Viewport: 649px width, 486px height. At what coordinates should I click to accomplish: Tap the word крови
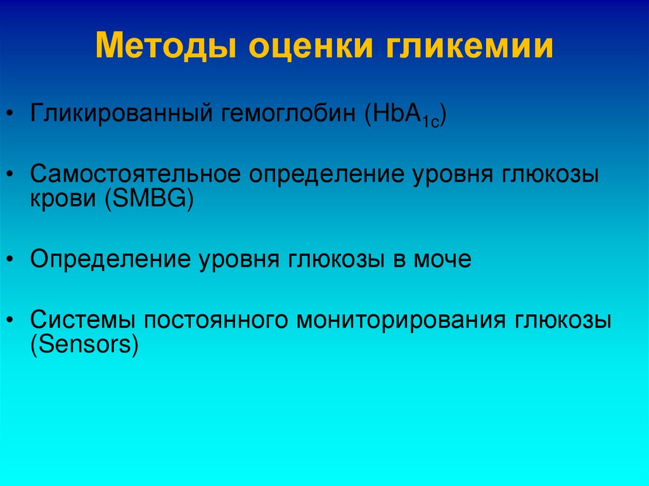(59, 200)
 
